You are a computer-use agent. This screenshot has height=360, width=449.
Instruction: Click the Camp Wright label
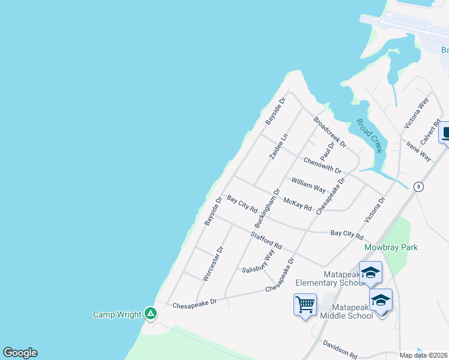pyautogui.click(x=117, y=314)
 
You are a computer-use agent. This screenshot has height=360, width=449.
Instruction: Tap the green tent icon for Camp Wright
pyautogui.click(x=151, y=313)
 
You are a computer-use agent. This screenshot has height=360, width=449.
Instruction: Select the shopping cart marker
pyautogui.click(x=305, y=305)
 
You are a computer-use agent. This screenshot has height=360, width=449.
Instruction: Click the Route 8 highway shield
pyautogui.click(x=419, y=187)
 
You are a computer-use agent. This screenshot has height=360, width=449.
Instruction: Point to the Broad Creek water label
pyautogui.click(x=369, y=136)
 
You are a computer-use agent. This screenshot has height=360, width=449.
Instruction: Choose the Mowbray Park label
pyautogui.click(x=391, y=247)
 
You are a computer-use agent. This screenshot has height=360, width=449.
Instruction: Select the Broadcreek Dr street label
pyautogui.click(x=330, y=132)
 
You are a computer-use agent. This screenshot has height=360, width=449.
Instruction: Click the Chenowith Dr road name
pyautogui.click(x=322, y=165)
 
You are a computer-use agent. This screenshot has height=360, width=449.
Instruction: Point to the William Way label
pyautogui.click(x=309, y=184)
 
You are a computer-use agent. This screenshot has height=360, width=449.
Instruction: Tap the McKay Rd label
pyautogui.click(x=297, y=204)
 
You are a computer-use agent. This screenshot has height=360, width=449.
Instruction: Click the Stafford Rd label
pyautogui.click(x=267, y=241)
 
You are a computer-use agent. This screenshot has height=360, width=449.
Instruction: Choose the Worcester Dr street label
pyautogui.click(x=213, y=263)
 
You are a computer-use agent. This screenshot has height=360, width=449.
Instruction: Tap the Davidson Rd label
pyautogui.click(x=340, y=347)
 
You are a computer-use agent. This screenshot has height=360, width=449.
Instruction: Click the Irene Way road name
pyautogui.click(x=418, y=152)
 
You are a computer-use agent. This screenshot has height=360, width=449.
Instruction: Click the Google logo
pyautogui.click(x=20, y=353)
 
